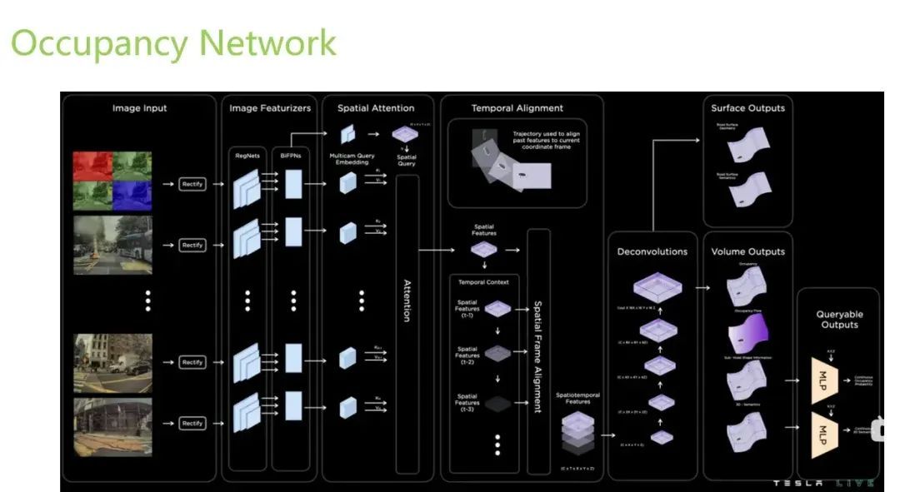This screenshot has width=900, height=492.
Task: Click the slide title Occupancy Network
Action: (x=173, y=42)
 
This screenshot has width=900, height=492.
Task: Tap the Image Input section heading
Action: (x=139, y=108)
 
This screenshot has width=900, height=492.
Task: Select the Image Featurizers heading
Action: (x=270, y=108)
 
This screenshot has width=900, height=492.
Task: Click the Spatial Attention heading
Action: (x=375, y=108)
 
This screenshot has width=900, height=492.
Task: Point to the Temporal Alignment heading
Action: (x=517, y=108)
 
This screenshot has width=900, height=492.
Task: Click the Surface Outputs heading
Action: (x=747, y=108)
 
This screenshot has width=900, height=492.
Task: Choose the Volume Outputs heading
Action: (x=747, y=251)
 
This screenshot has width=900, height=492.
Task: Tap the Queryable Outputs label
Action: (x=839, y=319)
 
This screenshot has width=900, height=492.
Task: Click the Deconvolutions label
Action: (x=652, y=251)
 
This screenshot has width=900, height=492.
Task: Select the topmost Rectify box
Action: (x=192, y=184)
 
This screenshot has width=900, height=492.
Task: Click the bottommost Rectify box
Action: (x=192, y=424)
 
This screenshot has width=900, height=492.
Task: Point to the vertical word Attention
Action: (x=407, y=301)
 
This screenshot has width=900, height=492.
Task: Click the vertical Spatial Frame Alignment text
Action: (x=537, y=356)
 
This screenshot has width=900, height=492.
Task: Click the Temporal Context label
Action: (x=483, y=281)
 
